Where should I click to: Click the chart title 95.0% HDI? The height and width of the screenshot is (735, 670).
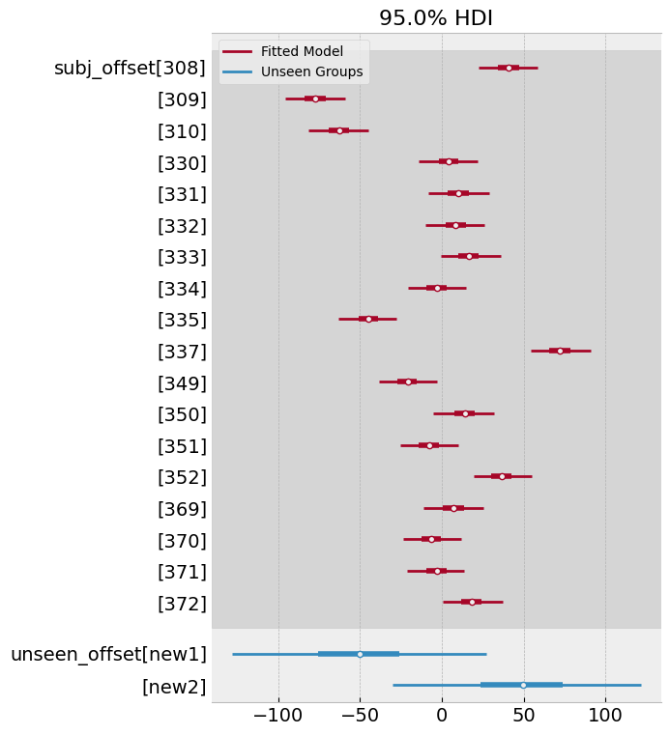click(436, 18)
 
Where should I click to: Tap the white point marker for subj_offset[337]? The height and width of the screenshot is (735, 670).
click(560, 351)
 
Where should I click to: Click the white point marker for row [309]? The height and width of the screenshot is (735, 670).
click(315, 99)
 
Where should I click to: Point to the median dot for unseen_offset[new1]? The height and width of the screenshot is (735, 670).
click(360, 654)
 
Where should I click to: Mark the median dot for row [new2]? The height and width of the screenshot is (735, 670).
click(523, 685)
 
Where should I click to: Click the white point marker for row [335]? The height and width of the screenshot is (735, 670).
click(368, 319)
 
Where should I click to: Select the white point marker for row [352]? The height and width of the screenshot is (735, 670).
click(502, 476)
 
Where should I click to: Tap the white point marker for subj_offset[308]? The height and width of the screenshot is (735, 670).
click(509, 68)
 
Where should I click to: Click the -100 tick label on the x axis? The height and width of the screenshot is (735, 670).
click(278, 718)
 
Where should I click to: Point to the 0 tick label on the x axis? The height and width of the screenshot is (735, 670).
click(442, 718)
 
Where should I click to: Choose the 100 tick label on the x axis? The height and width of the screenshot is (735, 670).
click(605, 718)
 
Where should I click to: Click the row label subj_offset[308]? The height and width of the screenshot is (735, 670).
click(130, 68)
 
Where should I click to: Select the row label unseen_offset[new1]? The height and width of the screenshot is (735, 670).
click(108, 654)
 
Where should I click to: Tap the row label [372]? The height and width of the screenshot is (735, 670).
click(182, 604)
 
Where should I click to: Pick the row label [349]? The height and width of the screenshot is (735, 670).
click(182, 382)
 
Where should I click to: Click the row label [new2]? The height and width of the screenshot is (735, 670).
click(174, 686)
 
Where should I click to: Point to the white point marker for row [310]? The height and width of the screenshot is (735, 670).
click(339, 130)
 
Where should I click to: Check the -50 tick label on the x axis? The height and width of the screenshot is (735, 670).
click(360, 718)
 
